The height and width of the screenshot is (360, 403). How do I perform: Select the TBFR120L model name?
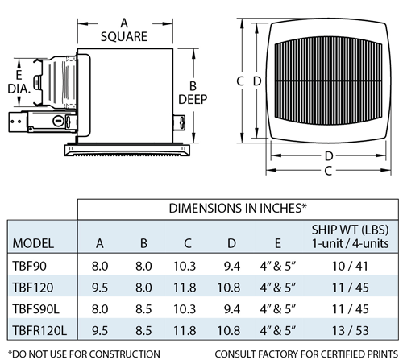39,330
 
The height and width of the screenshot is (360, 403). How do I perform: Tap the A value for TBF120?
100,288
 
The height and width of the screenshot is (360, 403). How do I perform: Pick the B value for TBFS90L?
143,309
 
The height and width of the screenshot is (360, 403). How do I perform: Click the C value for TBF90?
185,266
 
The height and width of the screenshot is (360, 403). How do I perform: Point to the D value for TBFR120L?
229,330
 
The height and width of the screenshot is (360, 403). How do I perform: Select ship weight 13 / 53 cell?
351,330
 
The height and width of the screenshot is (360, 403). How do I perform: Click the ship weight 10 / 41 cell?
350,266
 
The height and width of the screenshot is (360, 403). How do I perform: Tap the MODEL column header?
33,243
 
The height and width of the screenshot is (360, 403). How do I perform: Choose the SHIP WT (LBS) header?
350,230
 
